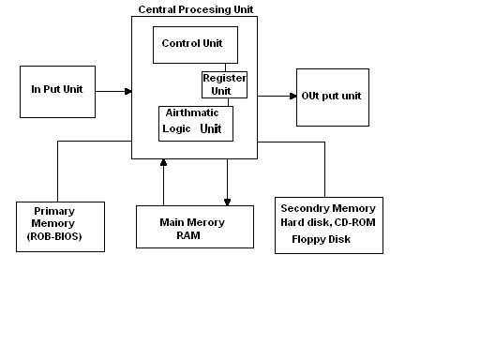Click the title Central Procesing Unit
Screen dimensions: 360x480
coord(195,9)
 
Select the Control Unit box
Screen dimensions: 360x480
coord(195,44)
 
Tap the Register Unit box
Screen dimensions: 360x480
coord(224,85)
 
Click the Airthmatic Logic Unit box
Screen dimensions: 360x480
coord(195,123)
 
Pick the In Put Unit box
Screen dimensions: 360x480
coord(56,91)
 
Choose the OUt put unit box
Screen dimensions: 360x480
coord(332,96)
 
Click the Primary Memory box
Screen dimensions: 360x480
coord(60,226)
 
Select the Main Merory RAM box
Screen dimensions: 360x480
coord(194,227)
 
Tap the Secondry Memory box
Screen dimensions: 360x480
coord(328,224)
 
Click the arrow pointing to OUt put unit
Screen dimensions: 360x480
coord(277,96)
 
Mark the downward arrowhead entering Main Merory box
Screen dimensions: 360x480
coord(227,200)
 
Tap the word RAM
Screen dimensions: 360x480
coord(189,237)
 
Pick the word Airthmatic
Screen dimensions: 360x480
coord(192,113)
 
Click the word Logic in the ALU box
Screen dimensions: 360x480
coord(176,129)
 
